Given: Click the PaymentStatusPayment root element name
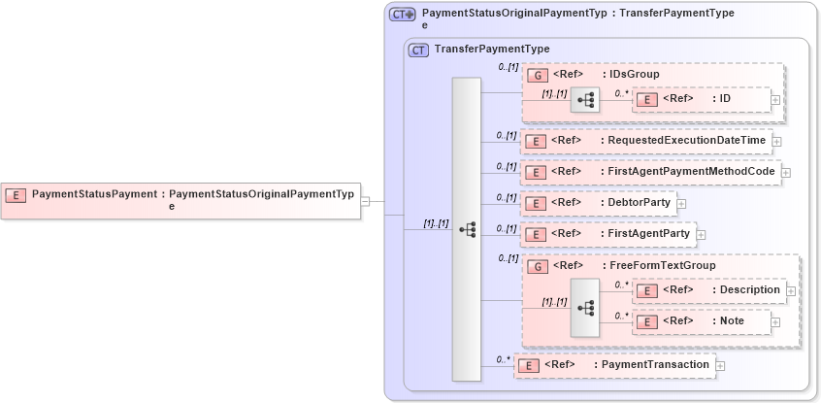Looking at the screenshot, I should point(94,194).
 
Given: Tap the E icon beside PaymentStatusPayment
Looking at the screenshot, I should point(16,195).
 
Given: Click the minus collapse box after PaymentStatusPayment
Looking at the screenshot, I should point(365,201).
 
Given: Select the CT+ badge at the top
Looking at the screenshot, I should point(402,15).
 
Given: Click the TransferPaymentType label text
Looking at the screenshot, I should point(492,49).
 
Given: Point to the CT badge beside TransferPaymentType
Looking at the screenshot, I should point(419,50).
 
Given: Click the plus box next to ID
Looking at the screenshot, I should point(775,99).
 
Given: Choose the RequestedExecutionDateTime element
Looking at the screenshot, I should point(685,141).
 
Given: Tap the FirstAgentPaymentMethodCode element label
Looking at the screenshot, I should point(691,172).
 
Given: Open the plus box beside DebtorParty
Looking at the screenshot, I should point(681,204).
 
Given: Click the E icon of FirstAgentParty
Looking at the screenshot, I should point(533,234).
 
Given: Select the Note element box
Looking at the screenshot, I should point(705,321).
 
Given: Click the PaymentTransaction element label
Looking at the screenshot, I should point(655,365).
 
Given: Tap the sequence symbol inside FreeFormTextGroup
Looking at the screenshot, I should point(585,307).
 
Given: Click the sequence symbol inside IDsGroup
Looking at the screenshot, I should point(585,99).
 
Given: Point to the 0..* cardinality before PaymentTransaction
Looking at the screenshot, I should point(503,359).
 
